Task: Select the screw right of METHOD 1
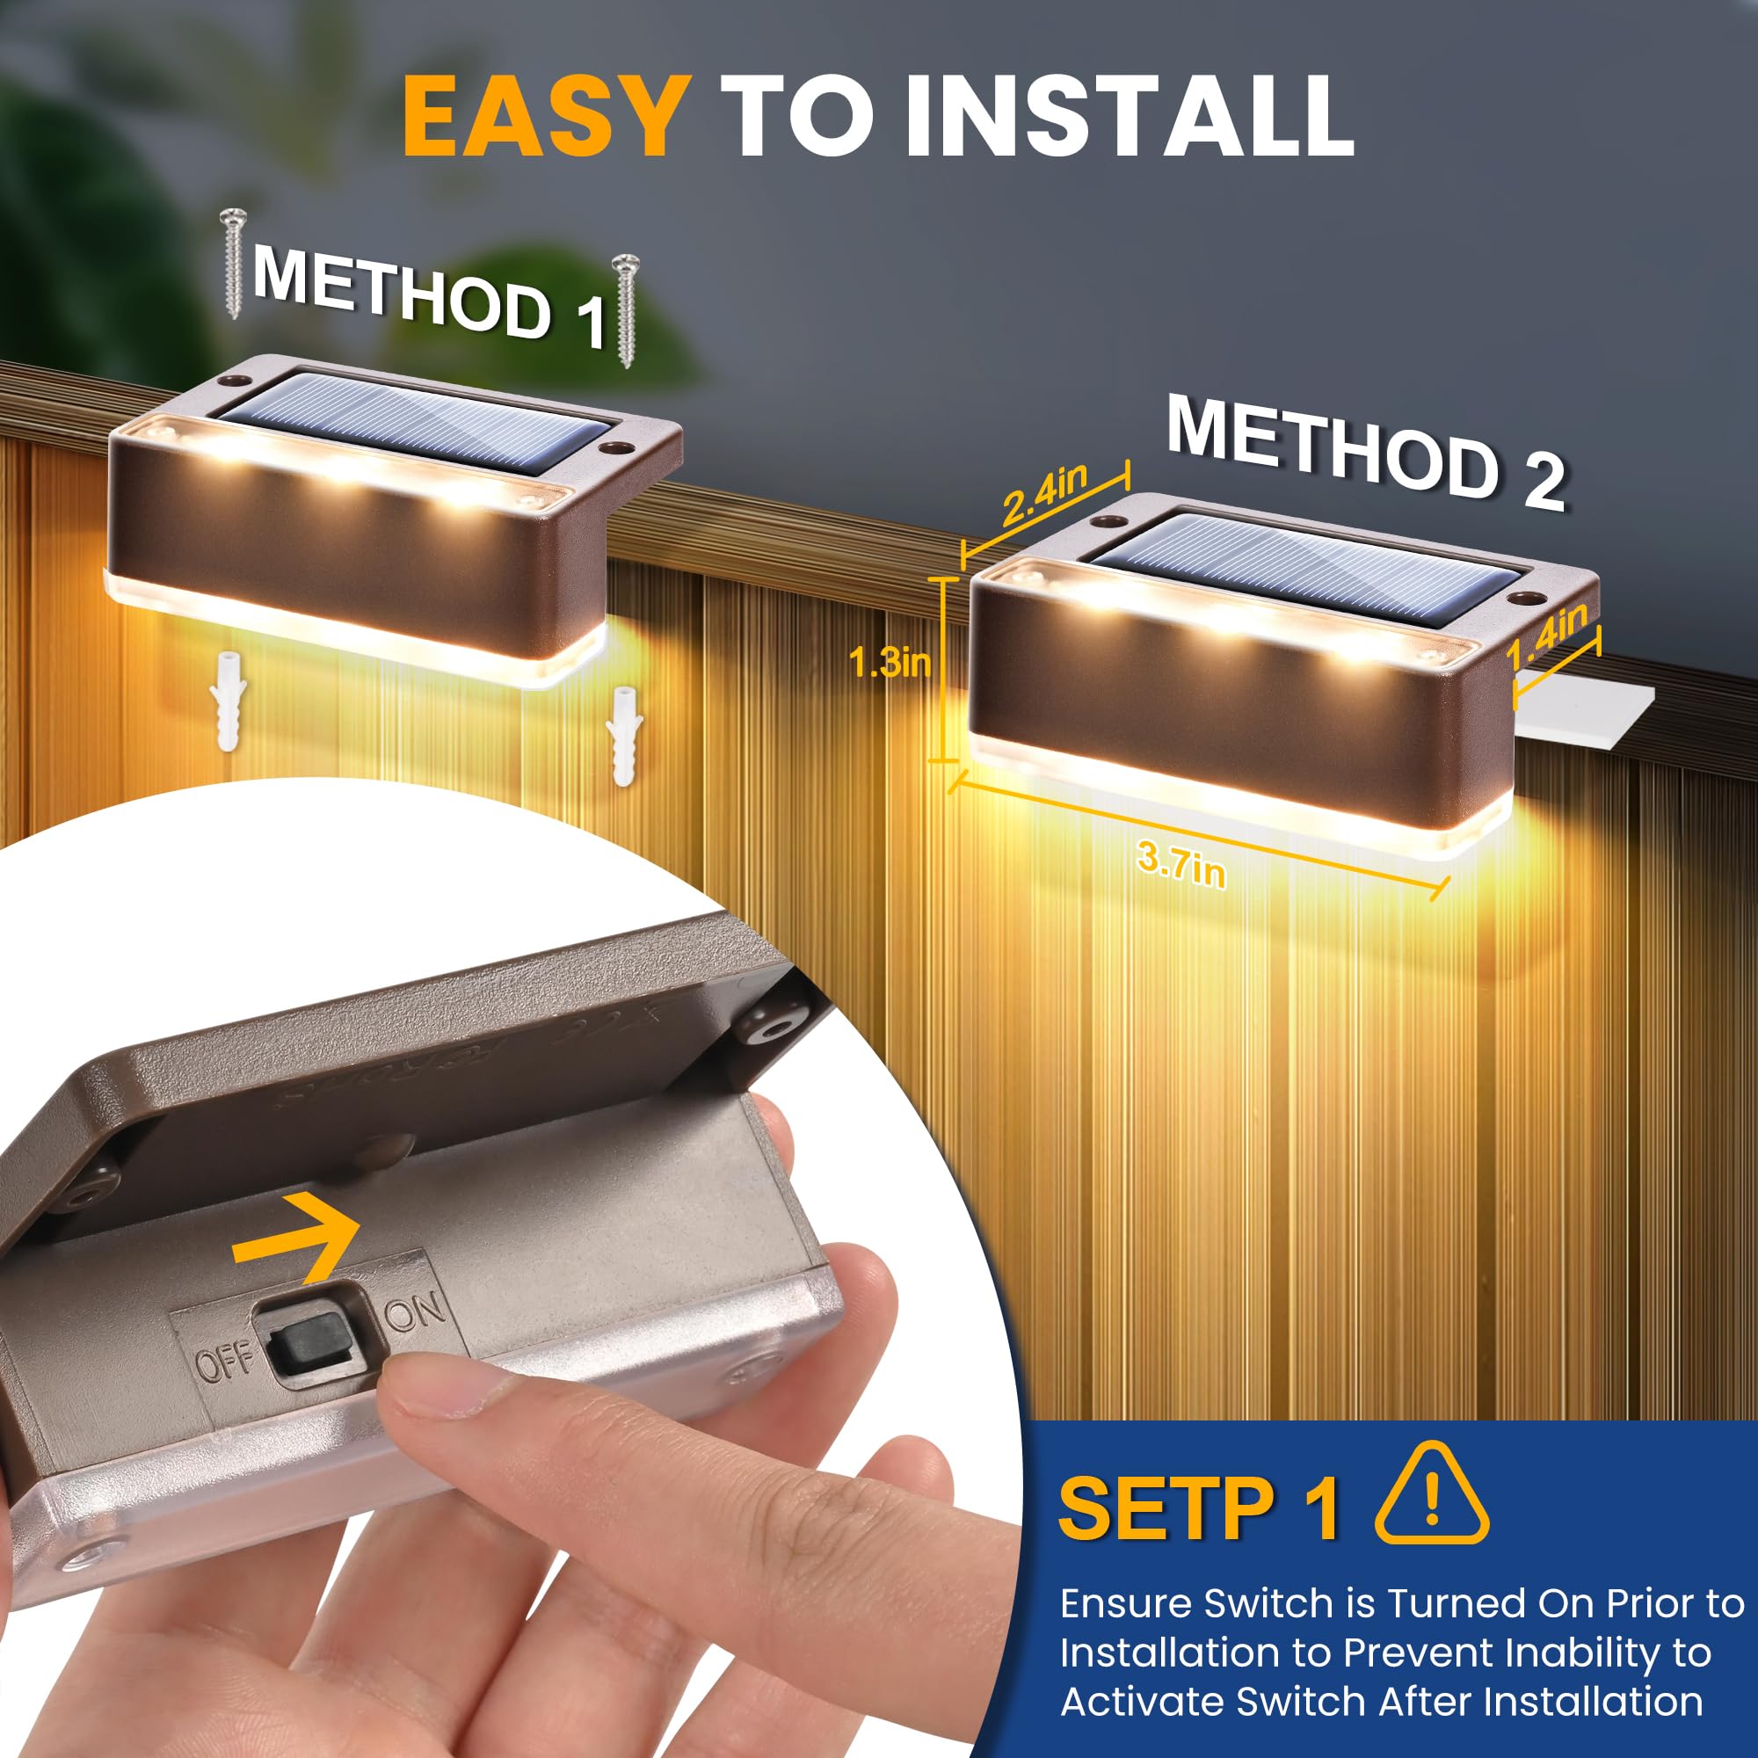coord(625,309)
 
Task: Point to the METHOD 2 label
coord(1365,452)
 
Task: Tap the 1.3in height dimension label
coord(889,662)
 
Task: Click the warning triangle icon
coord(1430,1495)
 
